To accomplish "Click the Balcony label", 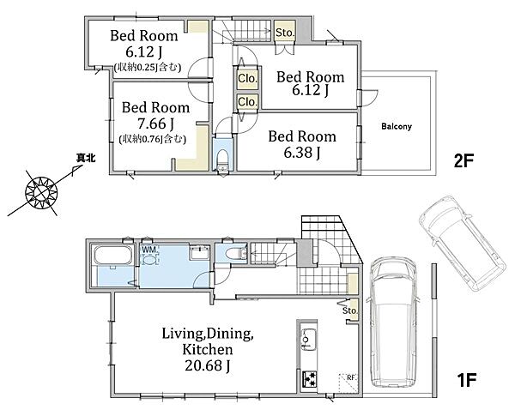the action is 397,126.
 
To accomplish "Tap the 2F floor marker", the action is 463,161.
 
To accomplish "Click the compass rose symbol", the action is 42,193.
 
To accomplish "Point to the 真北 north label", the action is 86,159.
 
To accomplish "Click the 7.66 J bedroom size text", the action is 156,124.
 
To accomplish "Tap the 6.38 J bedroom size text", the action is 302,153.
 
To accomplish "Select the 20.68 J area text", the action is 208,365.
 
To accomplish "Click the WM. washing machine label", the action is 149,249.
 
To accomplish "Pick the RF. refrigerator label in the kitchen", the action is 352,377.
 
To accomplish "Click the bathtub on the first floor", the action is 113,256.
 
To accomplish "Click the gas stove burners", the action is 309,379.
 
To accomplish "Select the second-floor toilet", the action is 223,160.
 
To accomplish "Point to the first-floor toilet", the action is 235,253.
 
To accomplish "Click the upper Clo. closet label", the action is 247,79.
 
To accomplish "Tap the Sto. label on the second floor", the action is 285,33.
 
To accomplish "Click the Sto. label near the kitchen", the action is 350,311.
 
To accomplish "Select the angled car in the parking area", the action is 462,244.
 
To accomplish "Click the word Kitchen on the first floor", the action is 208,349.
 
